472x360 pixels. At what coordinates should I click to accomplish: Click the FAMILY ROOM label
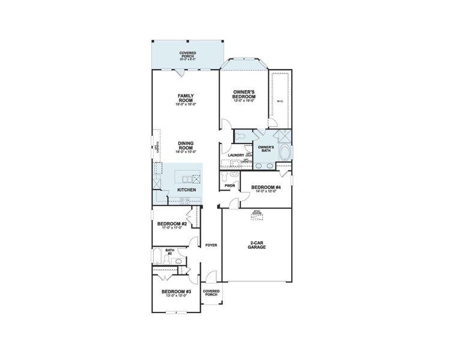click(185, 98)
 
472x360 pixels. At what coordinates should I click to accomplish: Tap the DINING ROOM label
click(185, 145)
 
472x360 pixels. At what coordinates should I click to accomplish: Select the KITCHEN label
click(186, 190)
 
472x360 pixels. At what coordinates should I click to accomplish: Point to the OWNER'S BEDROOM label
click(244, 94)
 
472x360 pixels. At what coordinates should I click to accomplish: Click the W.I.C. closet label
click(280, 101)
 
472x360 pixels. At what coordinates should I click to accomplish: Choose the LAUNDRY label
click(236, 155)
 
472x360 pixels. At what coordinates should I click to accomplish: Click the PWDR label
click(229, 186)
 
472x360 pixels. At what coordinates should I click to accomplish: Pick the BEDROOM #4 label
click(265, 187)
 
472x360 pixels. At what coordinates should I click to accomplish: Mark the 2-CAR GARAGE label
click(257, 245)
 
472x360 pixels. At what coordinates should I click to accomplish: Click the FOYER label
click(211, 245)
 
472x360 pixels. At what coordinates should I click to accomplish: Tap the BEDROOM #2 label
click(172, 224)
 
